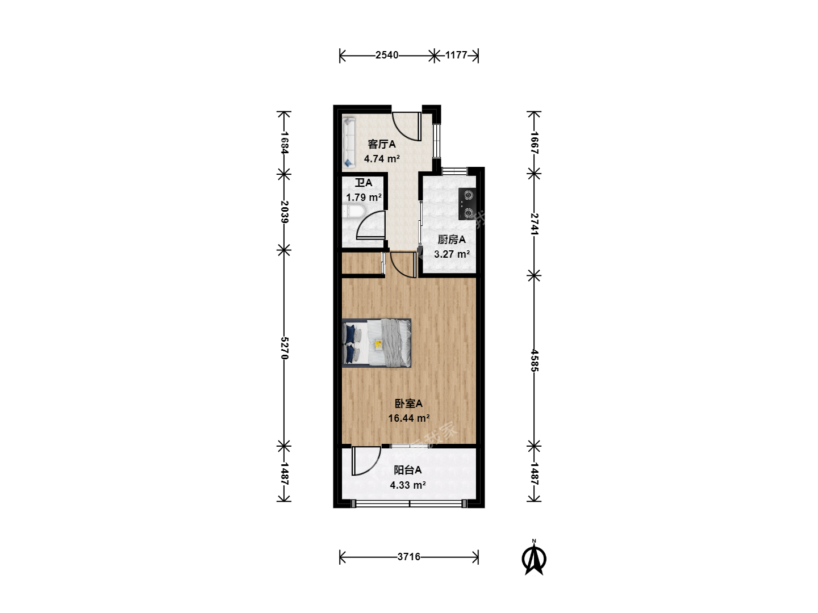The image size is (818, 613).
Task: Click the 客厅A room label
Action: tap(381, 144)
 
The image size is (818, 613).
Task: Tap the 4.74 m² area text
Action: tap(382, 159)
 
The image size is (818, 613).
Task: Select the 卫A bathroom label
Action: tap(363, 183)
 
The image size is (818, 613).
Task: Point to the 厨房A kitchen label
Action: tap(451, 240)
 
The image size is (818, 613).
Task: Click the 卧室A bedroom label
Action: tap(408, 404)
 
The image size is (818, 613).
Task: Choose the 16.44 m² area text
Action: tap(409, 418)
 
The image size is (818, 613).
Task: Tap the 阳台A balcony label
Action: tap(408, 470)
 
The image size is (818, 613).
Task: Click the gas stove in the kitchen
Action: tap(468, 204)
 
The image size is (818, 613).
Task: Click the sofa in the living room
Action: tap(348, 142)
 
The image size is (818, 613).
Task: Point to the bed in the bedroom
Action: tap(377, 343)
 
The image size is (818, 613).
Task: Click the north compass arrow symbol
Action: tap(534, 559)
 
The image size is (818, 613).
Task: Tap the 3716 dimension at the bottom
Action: tap(409, 557)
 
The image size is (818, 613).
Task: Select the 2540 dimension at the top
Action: tap(387, 55)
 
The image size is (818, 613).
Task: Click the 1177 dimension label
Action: tap(456, 55)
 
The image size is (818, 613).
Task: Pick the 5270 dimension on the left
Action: tap(285, 348)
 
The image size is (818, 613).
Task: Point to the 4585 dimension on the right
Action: tap(535, 360)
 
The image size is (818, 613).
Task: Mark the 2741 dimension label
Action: tap(535, 224)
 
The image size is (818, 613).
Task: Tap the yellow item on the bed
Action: tap(378, 345)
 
